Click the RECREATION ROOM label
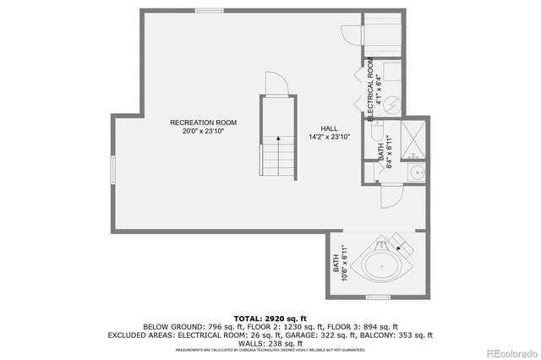click(x=203, y=123)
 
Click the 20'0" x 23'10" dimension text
click(x=203, y=132)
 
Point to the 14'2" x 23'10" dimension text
click(x=329, y=138)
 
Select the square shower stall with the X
click(x=413, y=139)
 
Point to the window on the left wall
click(x=112, y=170)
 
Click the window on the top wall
click(x=208, y=10)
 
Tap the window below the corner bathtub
click(x=377, y=297)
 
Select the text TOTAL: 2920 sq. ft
click(x=270, y=316)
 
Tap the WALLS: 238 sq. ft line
click(x=270, y=343)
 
